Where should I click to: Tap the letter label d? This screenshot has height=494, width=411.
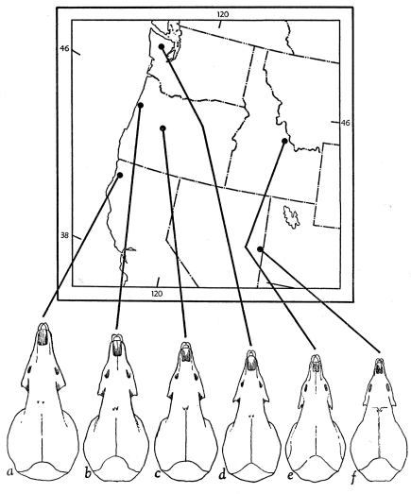223,474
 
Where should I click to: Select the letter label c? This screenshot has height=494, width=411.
158,473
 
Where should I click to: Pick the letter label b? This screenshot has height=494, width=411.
88,473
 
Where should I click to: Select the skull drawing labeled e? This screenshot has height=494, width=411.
317,417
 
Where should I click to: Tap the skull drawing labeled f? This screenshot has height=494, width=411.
380,420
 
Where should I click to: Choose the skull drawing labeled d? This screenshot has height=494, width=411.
251,416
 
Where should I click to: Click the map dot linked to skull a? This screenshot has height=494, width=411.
120,175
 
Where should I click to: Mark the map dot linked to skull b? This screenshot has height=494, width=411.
141,105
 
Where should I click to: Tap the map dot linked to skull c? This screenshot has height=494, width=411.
163,128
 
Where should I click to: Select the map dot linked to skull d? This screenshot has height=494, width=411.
162,46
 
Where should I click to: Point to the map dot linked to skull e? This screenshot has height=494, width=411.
284,141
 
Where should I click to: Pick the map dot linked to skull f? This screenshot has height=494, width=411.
260,249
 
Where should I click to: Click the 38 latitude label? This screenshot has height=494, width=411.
64,235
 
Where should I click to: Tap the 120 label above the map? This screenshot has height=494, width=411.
223,14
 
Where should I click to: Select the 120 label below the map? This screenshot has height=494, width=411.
157,294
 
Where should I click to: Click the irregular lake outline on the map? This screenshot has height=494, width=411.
291,216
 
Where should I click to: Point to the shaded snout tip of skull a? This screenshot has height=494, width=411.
43,337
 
